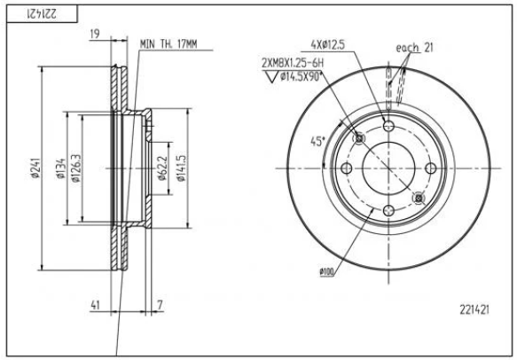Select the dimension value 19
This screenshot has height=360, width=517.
click(x=93, y=35)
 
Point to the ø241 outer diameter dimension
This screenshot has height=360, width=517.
click(x=33, y=168)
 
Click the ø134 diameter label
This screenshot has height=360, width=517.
click(x=59, y=168)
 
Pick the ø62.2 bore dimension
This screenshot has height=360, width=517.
click(x=163, y=167)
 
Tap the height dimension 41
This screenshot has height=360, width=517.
click(x=94, y=305)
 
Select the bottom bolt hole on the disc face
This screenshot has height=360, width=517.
click(x=388, y=210)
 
